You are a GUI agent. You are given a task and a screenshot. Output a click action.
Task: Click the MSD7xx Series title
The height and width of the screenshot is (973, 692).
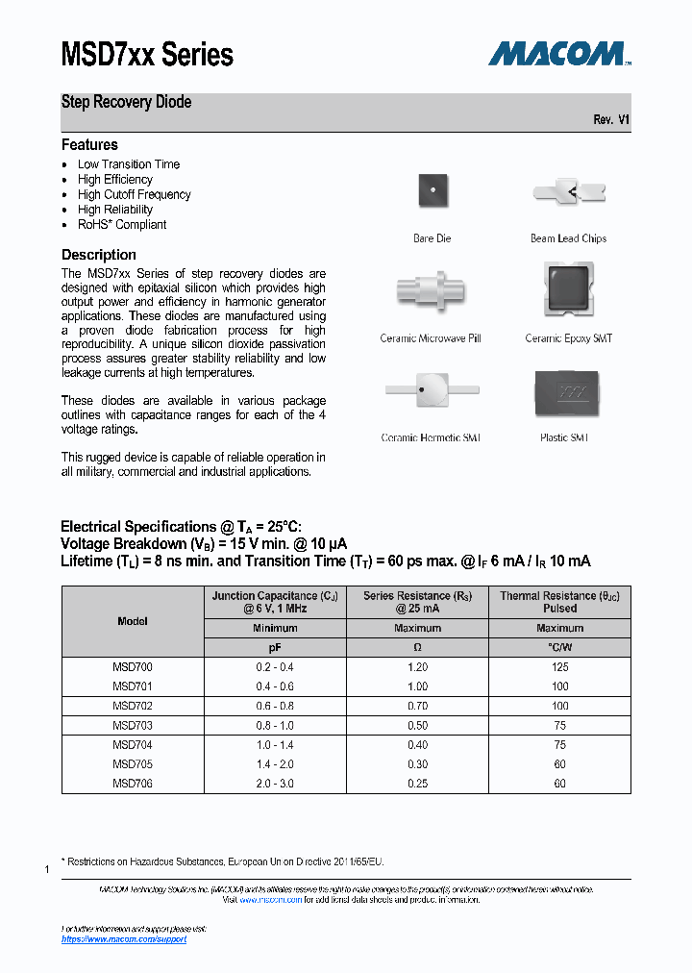tap(147, 54)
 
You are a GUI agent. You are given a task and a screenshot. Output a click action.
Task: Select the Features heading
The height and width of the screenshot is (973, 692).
tap(89, 145)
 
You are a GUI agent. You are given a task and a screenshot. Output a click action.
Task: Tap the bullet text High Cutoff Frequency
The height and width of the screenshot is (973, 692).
tap(134, 194)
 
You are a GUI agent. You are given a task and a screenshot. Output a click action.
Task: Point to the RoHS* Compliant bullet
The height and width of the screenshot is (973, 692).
tap(121, 224)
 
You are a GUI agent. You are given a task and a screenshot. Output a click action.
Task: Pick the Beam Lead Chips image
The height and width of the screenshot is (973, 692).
tap(568, 193)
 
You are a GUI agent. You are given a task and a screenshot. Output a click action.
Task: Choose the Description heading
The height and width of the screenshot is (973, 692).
tap(99, 255)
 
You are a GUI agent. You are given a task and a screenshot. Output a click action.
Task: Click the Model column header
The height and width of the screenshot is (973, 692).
tap(133, 621)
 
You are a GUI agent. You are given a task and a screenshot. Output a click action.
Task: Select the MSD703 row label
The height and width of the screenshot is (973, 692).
tap(133, 726)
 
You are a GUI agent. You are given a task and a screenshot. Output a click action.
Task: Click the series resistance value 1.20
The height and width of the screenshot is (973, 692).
tap(417, 667)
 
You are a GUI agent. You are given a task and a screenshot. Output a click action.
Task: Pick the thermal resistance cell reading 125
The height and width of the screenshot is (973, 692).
tap(559, 667)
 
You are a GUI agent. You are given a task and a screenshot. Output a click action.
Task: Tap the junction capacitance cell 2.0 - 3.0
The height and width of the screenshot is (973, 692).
tap(275, 784)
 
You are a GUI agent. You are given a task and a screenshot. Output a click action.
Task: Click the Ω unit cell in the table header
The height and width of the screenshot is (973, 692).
tap(417, 648)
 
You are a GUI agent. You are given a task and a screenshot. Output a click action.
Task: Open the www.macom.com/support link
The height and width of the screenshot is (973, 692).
tap(124, 939)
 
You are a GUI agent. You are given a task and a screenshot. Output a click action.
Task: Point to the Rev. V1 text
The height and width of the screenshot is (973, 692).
tap(611, 120)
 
